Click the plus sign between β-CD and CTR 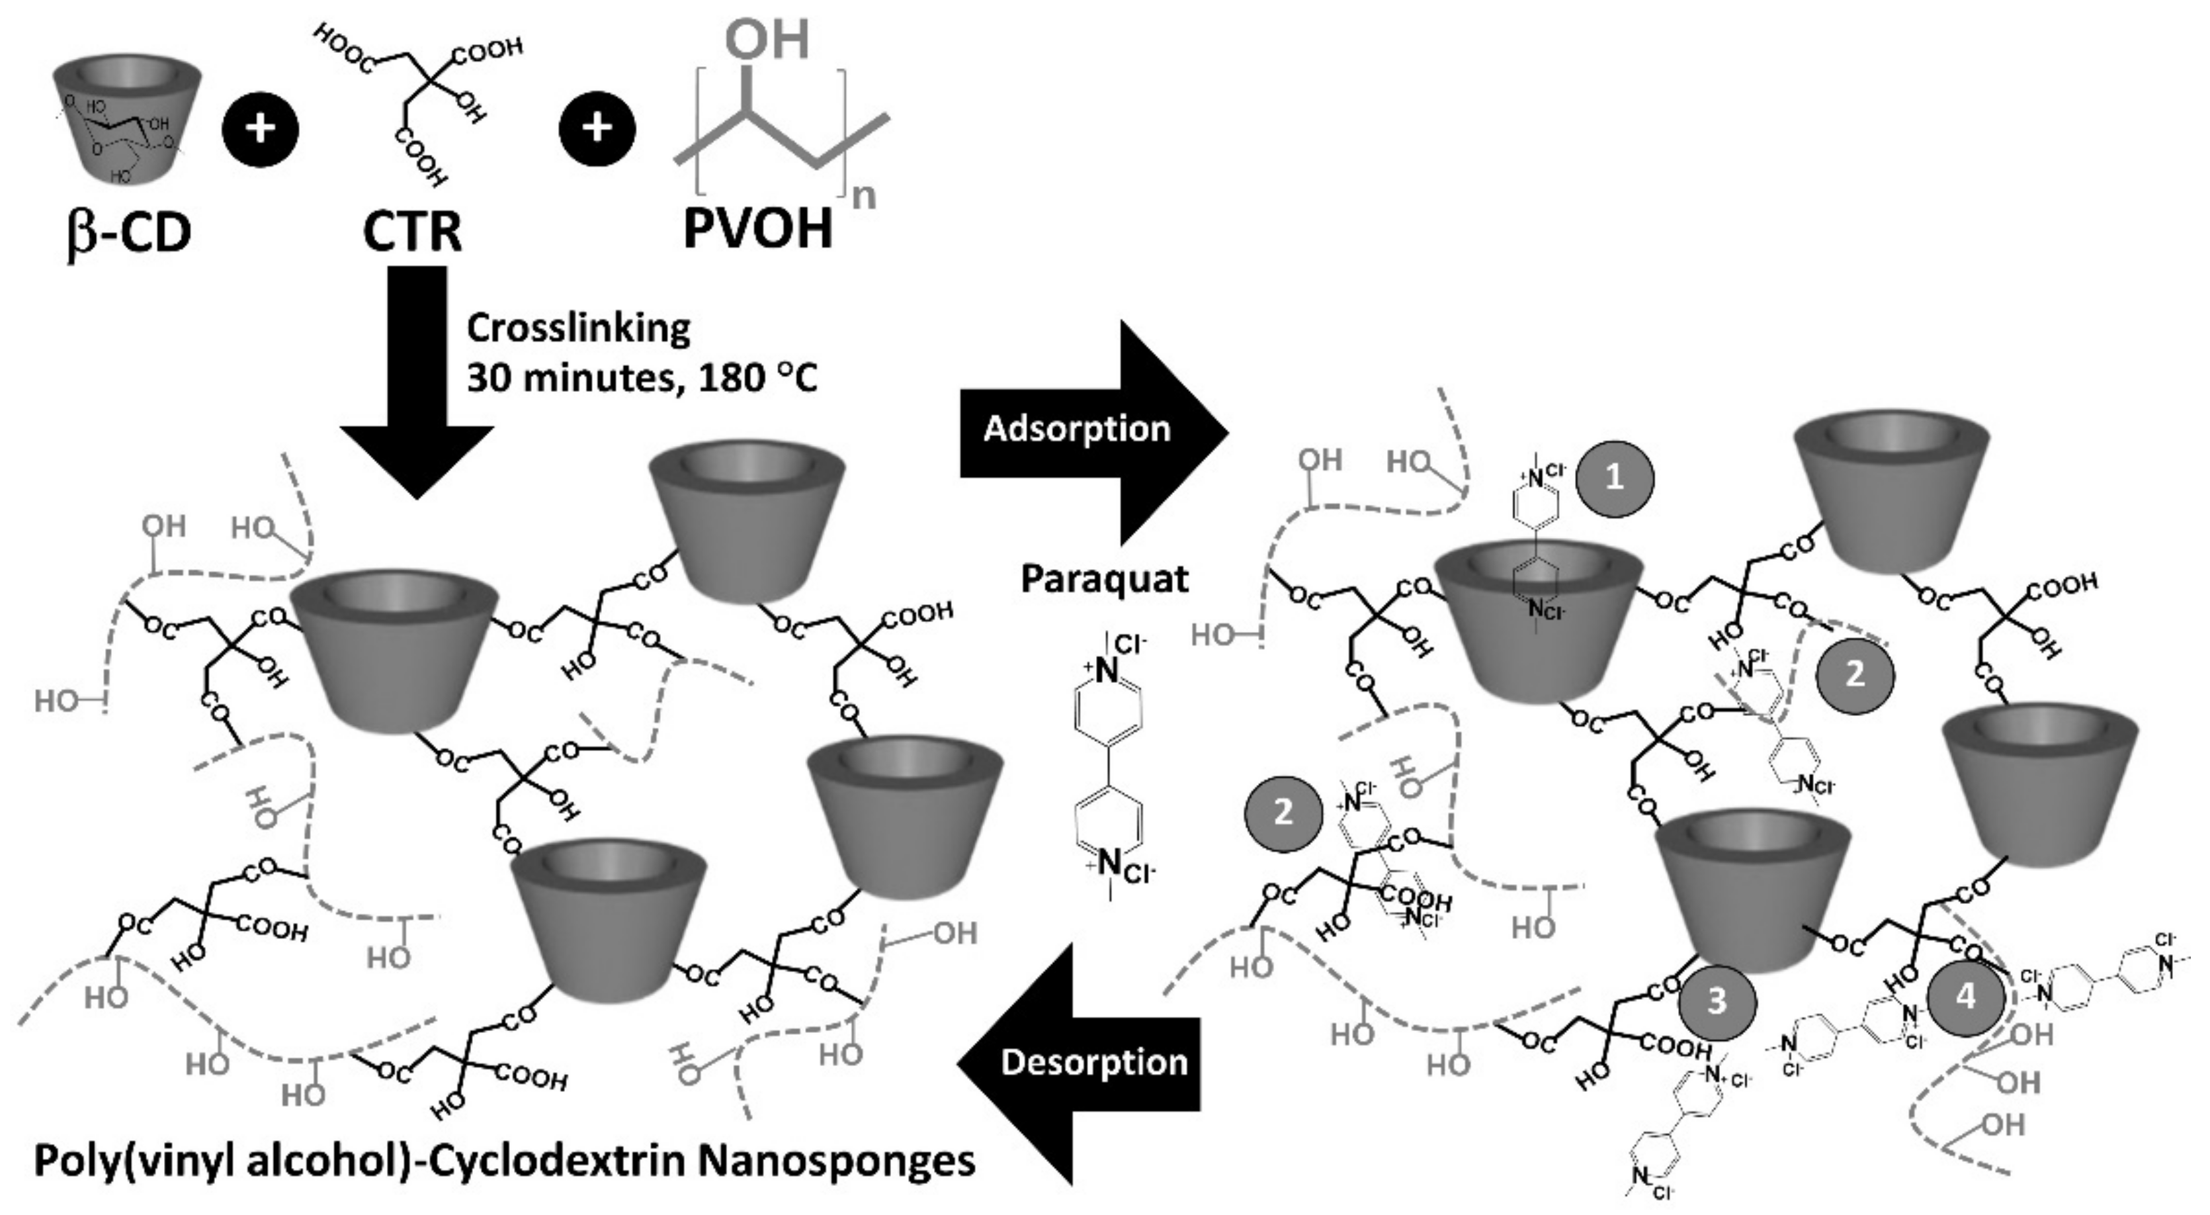click(x=260, y=128)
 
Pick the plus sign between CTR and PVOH click(x=597, y=128)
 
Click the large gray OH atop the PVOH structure click(x=767, y=38)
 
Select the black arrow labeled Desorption click(x=1081, y=1063)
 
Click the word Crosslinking click(x=578, y=329)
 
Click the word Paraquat click(x=1104, y=579)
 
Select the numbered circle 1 click(x=1614, y=478)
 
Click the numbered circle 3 click(x=1716, y=1001)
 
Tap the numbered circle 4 click(x=1965, y=996)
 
